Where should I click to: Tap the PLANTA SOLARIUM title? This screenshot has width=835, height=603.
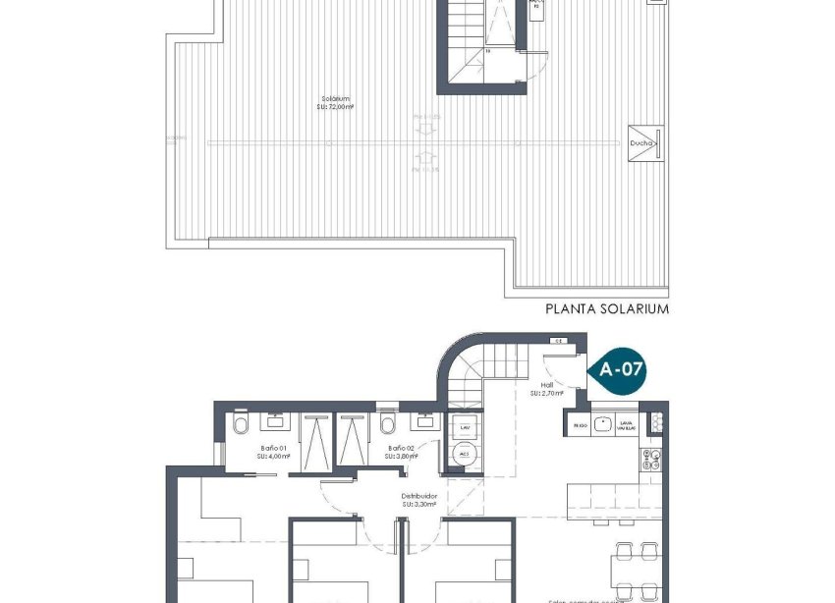coord(606,308)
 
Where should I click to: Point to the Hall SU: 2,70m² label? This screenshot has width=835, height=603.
coord(545,389)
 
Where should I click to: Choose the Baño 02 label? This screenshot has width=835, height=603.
coord(390,451)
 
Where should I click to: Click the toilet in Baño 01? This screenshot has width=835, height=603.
coord(240,424)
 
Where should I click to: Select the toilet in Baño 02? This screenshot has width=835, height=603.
coord(388,424)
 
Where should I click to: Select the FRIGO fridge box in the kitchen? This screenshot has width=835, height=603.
coord(579,425)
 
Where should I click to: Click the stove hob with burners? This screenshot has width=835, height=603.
coord(651,458)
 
